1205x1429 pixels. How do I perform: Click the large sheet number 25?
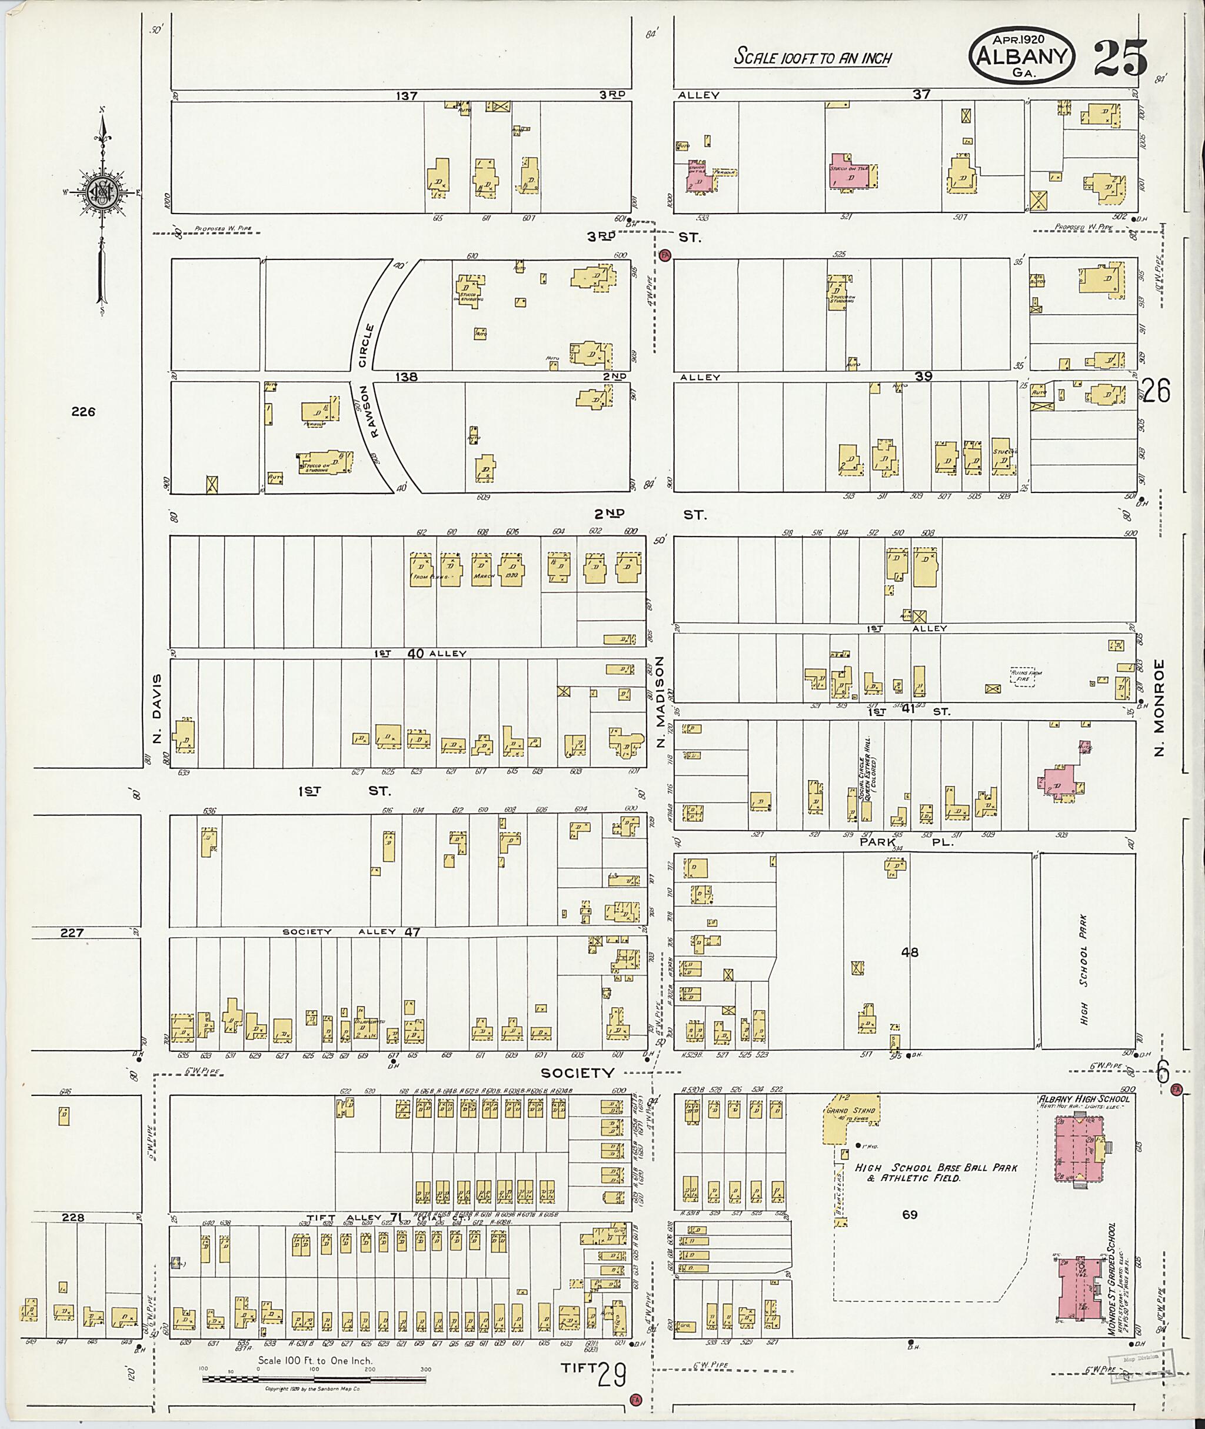click(1121, 58)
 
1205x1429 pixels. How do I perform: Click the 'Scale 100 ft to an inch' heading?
click(813, 58)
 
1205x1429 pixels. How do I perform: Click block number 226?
click(82, 411)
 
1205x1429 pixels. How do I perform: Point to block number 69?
click(909, 1214)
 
